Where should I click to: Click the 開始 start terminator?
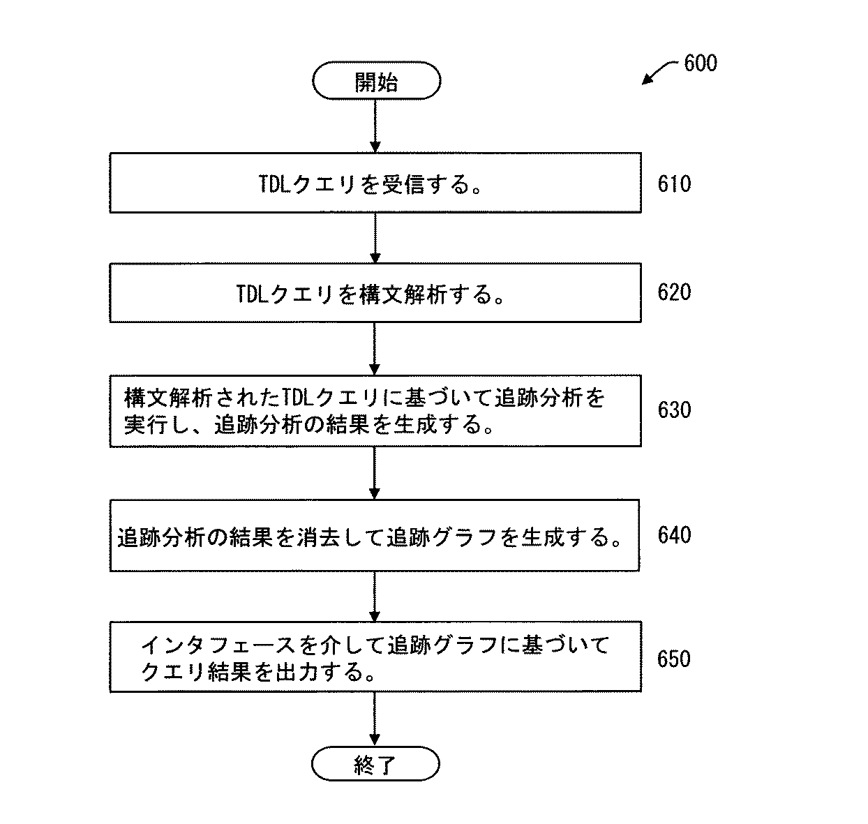click(375, 83)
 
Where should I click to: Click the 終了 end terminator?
click(375, 765)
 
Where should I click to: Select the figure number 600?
click(700, 63)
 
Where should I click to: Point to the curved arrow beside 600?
click(660, 72)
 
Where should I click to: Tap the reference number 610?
click(674, 184)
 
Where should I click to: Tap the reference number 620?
click(674, 292)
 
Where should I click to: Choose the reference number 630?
click(674, 410)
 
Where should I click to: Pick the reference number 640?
click(674, 535)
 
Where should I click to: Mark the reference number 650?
click(674, 659)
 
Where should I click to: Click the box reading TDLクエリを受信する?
click(375, 183)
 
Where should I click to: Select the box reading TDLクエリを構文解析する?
click(375, 292)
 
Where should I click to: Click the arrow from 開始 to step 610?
click(375, 126)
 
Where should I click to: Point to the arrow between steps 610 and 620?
click(375, 238)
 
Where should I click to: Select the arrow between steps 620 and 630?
click(375, 348)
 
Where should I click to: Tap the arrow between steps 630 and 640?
click(375, 472)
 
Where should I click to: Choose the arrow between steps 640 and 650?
click(375, 597)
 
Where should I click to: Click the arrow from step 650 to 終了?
click(375, 719)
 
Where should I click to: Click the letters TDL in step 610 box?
click(274, 184)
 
